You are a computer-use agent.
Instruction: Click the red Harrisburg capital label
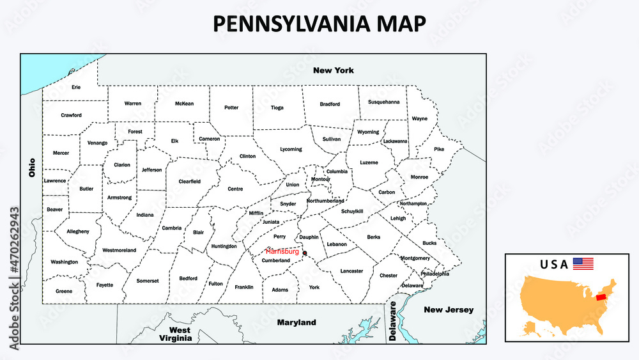(282, 251)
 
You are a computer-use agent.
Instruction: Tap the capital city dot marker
(305, 253)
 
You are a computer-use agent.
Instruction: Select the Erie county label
(76, 87)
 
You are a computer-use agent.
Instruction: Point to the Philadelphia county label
(435, 274)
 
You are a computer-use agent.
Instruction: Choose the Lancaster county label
(351, 270)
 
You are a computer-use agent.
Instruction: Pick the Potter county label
(231, 107)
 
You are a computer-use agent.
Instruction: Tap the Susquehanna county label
(384, 102)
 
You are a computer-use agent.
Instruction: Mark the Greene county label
(64, 291)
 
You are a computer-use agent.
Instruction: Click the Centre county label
(235, 189)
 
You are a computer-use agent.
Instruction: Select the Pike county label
(439, 149)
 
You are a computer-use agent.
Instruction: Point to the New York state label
(333, 70)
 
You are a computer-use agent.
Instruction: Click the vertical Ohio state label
(32, 168)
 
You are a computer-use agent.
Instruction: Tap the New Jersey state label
(449, 310)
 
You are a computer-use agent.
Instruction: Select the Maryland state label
(296, 322)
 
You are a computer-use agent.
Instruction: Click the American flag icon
(583, 263)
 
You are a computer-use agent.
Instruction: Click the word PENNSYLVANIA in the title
(289, 24)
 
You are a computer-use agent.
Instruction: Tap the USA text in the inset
(553, 263)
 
